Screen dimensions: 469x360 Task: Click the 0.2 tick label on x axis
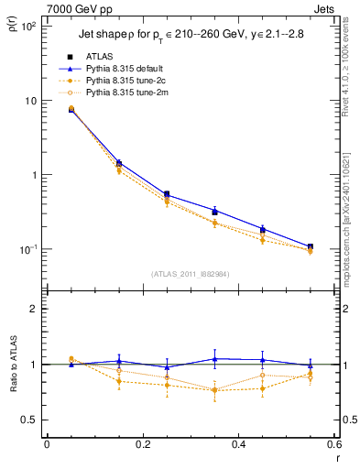pos(142,445)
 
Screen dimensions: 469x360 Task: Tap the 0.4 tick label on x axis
pos(238,445)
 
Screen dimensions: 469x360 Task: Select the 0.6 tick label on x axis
pos(332,445)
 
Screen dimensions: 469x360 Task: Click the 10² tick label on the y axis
pos(27,27)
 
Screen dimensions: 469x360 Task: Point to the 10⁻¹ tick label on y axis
pos(27,249)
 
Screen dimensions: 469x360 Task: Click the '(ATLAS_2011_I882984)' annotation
pos(190,275)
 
